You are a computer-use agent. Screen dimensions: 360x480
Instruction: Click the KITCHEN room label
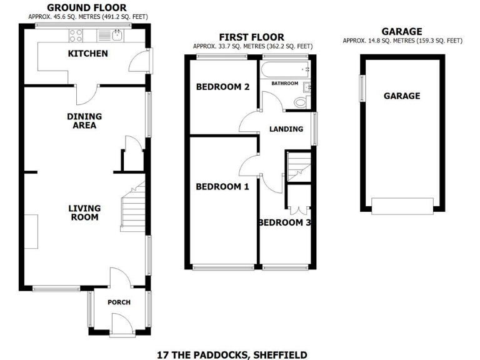87,54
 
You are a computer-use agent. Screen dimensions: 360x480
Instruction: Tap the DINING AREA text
84,121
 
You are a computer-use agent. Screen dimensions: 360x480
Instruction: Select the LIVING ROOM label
84,212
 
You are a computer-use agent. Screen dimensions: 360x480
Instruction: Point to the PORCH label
119,302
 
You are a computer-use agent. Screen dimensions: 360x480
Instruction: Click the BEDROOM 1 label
222,187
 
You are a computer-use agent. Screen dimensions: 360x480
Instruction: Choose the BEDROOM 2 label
222,87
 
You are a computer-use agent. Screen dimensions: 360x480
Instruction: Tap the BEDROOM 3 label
285,223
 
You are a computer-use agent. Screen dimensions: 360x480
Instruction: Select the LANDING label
286,129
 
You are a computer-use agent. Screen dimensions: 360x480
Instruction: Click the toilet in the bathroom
301,102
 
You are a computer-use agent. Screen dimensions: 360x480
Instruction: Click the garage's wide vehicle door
402,204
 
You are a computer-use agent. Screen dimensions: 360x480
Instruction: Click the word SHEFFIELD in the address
279,355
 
